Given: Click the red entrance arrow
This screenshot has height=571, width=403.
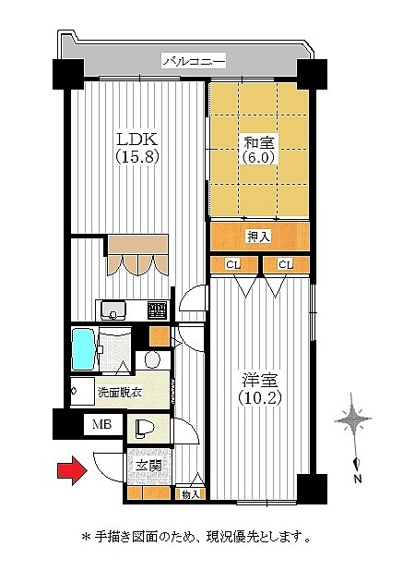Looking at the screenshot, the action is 73,470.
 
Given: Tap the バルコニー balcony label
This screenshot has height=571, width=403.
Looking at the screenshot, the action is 194,61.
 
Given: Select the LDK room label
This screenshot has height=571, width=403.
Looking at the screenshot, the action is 137,140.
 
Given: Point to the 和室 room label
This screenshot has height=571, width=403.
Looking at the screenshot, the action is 259,141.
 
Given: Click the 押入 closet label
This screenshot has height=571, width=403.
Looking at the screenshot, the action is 259,237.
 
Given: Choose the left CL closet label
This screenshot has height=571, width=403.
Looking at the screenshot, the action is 233,265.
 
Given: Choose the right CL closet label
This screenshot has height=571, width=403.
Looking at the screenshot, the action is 286,265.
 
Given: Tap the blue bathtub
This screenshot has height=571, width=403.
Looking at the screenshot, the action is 84,349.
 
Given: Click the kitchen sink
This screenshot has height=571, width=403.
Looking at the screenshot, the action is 113,310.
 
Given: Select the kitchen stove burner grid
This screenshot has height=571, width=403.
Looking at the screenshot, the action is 158,310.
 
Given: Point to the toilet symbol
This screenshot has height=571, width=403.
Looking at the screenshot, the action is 145,429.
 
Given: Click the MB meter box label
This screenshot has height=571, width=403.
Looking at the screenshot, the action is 101,424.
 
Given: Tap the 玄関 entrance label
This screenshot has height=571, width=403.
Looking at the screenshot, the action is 149,466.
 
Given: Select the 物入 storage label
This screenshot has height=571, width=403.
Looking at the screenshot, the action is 191,494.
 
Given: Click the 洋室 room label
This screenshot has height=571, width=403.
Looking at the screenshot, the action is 260,381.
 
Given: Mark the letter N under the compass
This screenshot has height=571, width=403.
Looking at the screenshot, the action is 358,479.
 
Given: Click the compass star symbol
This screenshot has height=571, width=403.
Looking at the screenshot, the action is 352,419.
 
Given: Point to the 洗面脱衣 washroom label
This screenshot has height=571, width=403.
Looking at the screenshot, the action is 120,392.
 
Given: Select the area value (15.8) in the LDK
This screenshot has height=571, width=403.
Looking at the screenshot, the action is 137,157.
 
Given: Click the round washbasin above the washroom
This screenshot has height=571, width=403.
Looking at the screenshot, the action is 152,359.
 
